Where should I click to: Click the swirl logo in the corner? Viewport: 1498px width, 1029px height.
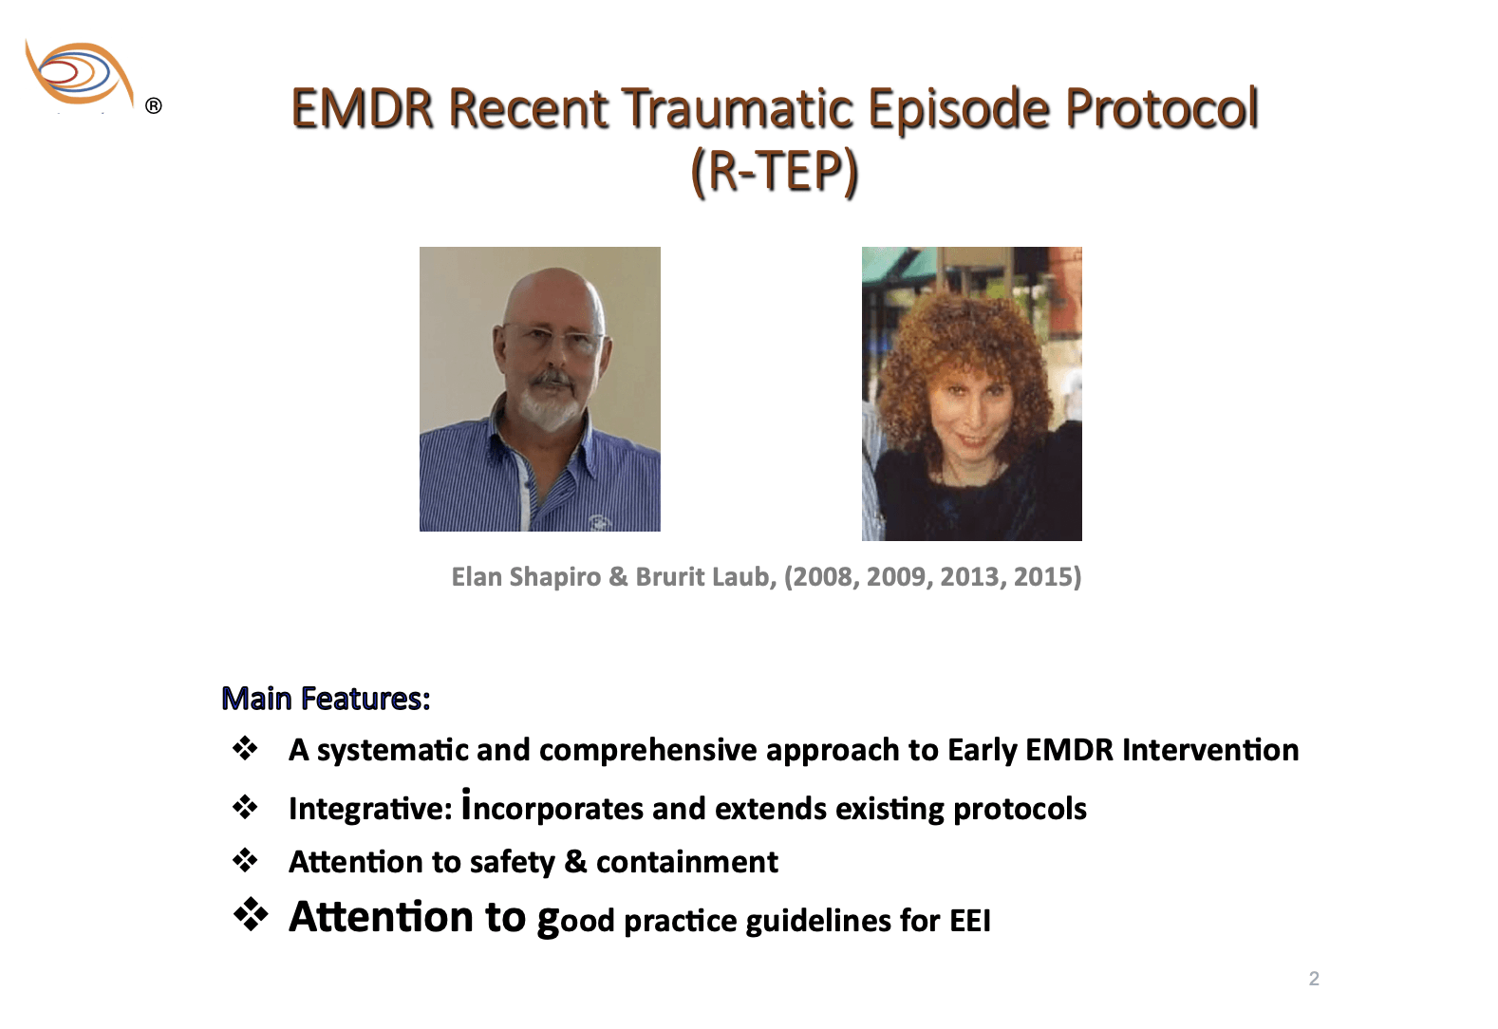(x=79, y=73)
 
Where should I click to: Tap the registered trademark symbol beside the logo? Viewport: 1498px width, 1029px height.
(x=153, y=105)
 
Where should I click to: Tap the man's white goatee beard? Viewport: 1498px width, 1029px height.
(x=551, y=402)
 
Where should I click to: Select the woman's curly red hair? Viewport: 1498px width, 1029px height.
(x=962, y=354)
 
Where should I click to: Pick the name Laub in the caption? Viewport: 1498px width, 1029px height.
(x=743, y=577)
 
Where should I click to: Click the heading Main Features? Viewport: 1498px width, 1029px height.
(x=326, y=699)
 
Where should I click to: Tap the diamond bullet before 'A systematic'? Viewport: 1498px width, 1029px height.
(x=245, y=748)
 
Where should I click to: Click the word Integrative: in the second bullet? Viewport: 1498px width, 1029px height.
(x=370, y=809)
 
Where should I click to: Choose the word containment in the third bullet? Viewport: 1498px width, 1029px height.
(x=686, y=862)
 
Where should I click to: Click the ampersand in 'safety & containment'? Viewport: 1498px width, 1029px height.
(x=575, y=862)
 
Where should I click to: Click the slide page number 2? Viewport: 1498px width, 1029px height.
(x=1314, y=979)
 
